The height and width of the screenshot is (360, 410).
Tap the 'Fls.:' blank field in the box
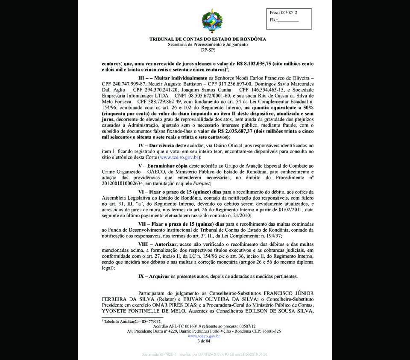[289, 20]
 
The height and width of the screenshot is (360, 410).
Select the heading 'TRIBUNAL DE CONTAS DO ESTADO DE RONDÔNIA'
[208, 39]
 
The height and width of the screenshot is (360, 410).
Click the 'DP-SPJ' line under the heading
[208, 50]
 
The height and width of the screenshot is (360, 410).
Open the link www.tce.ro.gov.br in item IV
[179, 158]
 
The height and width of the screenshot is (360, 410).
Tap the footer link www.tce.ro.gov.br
[204, 336]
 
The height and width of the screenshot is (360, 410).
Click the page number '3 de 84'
[204, 341]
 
